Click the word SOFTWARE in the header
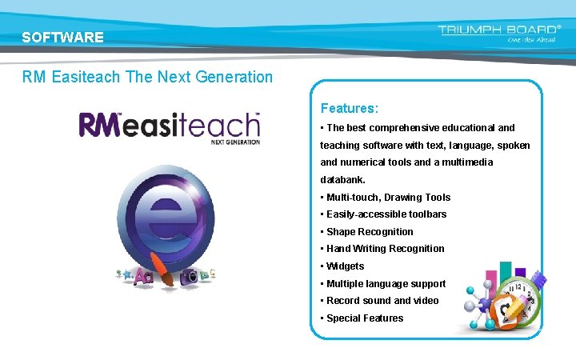(62, 38)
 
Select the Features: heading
(350, 107)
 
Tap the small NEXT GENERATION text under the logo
(235, 142)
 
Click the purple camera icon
(190, 275)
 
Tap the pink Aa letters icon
(144, 277)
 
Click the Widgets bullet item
(345, 266)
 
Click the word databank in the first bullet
(342, 180)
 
